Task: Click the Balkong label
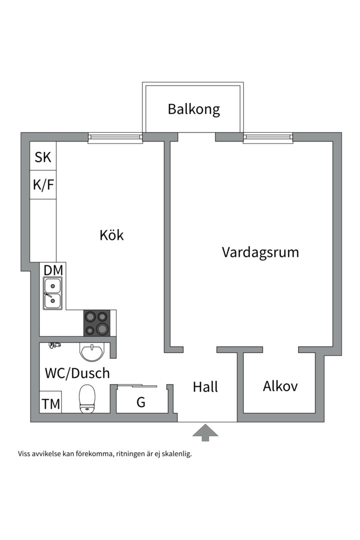coord(193,109)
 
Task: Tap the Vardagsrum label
coord(260,252)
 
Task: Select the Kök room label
coord(111,235)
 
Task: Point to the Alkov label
coord(280,386)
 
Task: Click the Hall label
coord(205,386)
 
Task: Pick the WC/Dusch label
coord(77,373)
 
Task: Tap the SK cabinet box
coord(43,156)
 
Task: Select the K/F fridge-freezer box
coord(43,184)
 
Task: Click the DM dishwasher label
coord(53,270)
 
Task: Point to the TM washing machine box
coord(50,402)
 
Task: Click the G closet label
coord(141,402)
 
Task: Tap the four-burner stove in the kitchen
coord(97,323)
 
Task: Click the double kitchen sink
coord(52,293)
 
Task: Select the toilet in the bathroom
coord(87,398)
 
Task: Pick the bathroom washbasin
coord(91,351)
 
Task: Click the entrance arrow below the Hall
coord(205,432)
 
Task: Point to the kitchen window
coord(115,138)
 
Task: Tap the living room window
coord(268,138)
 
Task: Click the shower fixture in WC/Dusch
coord(54,345)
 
